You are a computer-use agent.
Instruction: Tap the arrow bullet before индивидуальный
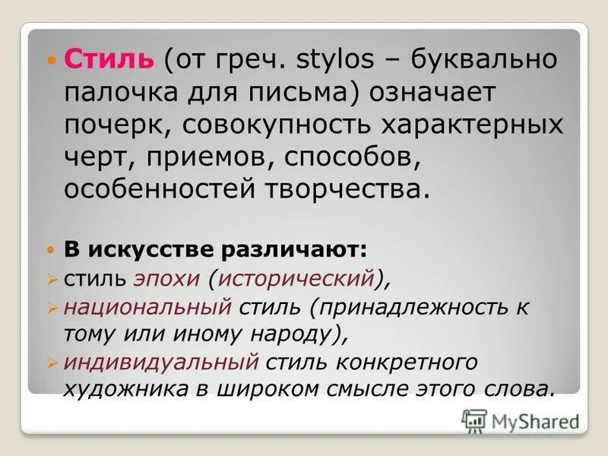tap(52, 362)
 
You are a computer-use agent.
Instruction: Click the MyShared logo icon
tap(473, 420)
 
